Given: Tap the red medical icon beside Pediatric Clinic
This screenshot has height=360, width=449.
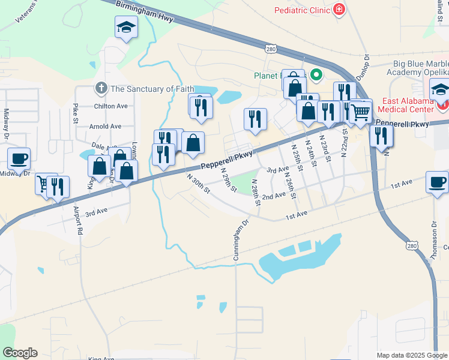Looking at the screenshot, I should click(x=339, y=10).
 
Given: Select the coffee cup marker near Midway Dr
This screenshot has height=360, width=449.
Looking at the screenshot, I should click(x=19, y=158).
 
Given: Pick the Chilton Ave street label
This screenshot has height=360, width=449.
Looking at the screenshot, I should click(x=110, y=106).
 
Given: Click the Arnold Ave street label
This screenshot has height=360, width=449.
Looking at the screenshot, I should click(x=105, y=127).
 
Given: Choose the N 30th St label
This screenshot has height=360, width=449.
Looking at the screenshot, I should click(x=197, y=184).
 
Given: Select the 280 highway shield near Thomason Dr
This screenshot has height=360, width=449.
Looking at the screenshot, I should click(x=411, y=245).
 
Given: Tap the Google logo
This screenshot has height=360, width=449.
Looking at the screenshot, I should click(x=20, y=352).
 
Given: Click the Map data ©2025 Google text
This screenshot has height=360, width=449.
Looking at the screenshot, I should click(x=411, y=355).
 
